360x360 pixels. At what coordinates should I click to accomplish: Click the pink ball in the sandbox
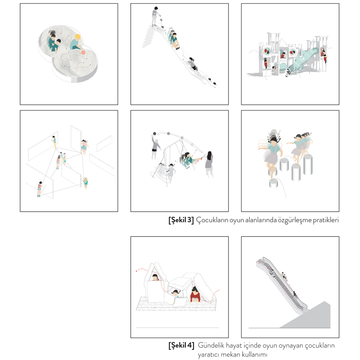point(83,53)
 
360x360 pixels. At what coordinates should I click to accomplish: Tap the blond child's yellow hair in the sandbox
point(78,37)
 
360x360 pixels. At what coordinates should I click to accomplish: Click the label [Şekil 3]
point(181,220)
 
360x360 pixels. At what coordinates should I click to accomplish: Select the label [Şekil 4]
point(181,345)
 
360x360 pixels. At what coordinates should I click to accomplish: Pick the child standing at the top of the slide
point(155,17)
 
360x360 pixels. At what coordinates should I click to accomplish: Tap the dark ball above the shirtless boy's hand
point(154,134)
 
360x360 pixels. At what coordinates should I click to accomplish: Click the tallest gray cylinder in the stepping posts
point(308,165)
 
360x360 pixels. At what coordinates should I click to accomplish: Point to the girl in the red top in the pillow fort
point(195,294)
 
